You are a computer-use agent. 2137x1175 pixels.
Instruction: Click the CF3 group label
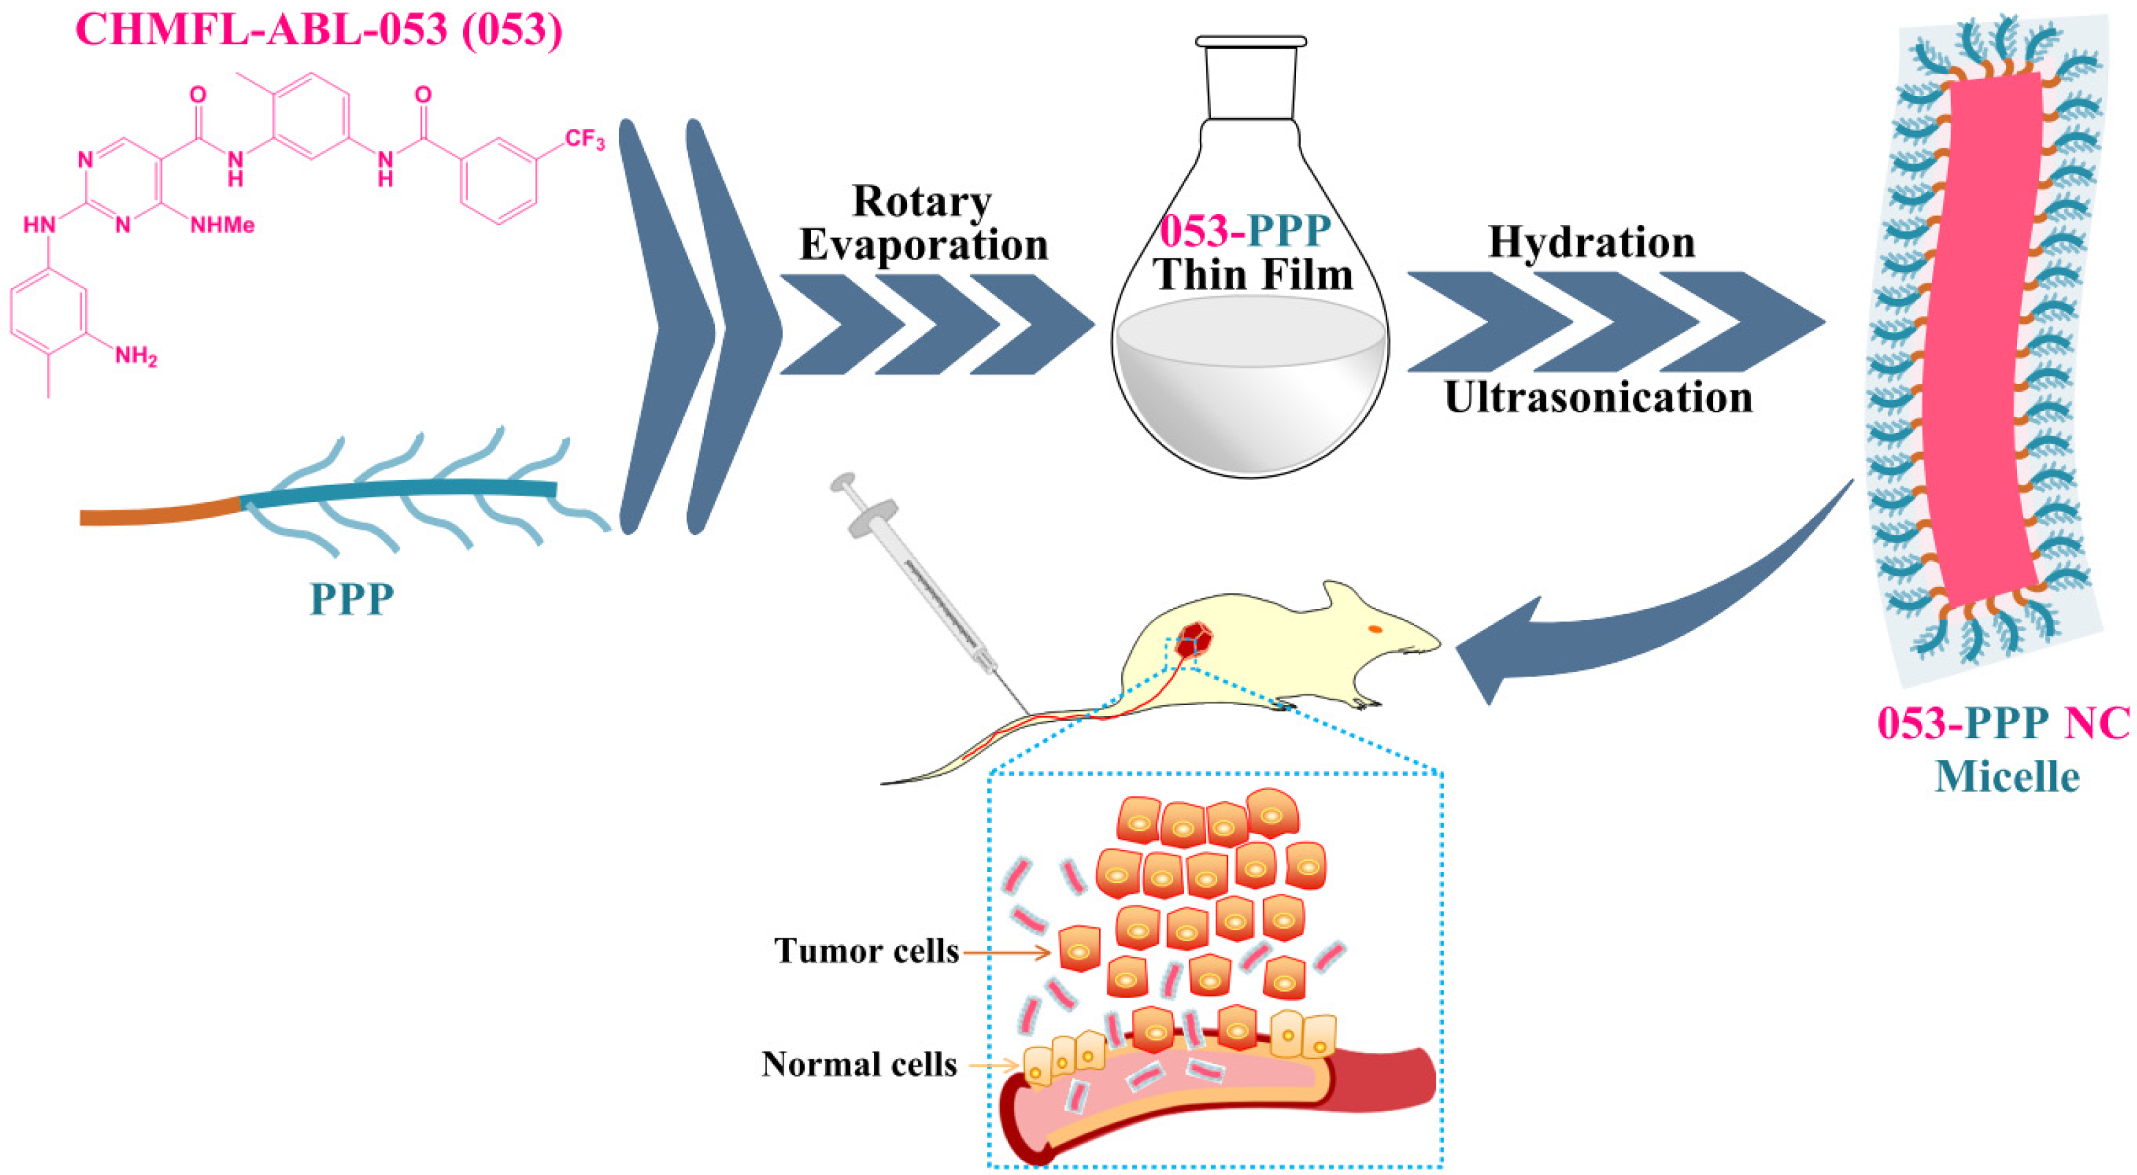click(585, 139)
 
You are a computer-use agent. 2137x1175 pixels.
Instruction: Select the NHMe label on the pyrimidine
click(222, 225)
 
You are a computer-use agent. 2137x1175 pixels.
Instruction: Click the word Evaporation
click(923, 245)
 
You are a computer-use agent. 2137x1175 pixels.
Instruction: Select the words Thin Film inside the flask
click(1253, 274)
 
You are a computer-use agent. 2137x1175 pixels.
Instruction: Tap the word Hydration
click(1591, 242)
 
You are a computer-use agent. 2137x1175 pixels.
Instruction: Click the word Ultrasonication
click(1598, 398)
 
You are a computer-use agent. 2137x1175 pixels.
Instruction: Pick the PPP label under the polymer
click(352, 598)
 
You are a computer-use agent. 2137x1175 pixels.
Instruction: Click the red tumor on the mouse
click(1194, 639)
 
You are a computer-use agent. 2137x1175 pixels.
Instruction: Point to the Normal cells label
click(860, 1064)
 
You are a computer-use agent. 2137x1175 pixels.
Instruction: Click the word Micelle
click(2007, 777)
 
